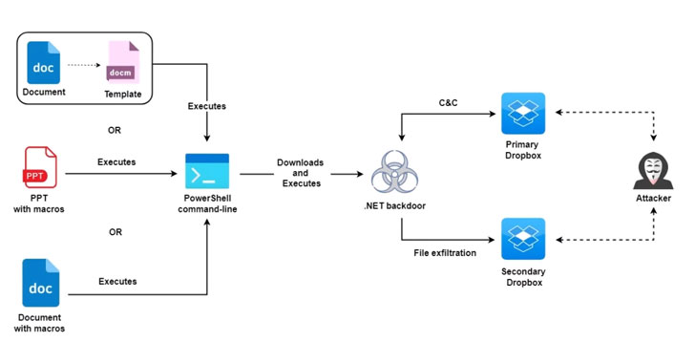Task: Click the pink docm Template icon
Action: coord(123,62)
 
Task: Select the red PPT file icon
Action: coord(40,167)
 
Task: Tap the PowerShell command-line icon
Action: coord(207,171)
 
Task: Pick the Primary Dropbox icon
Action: coord(523,113)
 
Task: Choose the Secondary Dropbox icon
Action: coord(523,239)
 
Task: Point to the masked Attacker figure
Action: coord(653,170)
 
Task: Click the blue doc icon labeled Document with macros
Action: coord(40,283)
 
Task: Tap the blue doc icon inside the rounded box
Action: coord(44,63)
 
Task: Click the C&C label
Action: coord(448,103)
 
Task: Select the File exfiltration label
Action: coord(445,253)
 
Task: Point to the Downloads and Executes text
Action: coord(301,173)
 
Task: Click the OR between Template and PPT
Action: coord(115,130)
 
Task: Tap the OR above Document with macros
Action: coord(116,232)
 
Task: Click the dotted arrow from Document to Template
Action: coord(84,65)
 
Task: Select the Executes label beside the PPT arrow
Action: coord(116,162)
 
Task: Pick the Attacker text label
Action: coord(653,198)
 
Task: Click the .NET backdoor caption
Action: coord(394,206)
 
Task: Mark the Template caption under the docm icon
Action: coord(123,94)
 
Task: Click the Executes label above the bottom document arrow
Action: coord(117,282)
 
